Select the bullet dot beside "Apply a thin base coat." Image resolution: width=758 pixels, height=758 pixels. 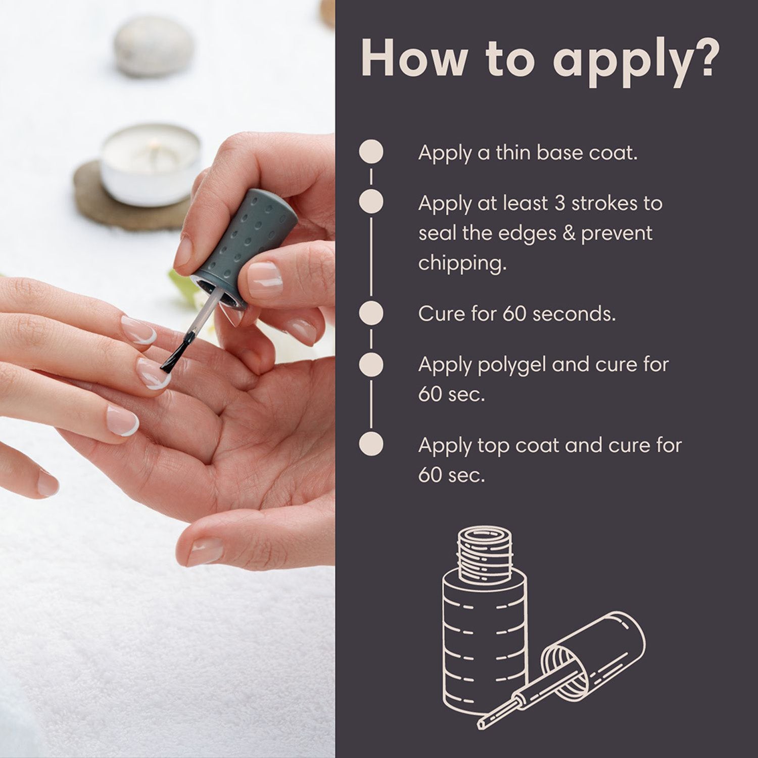click(x=371, y=152)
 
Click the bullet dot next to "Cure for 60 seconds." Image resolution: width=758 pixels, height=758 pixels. click(x=371, y=313)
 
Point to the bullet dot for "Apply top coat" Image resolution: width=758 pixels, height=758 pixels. click(x=371, y=445)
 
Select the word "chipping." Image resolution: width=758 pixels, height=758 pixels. click(x=462, y=263)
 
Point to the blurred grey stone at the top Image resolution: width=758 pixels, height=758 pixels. click(x=153, y=46)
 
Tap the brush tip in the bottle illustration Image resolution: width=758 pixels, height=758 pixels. click(x=483, y=722)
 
